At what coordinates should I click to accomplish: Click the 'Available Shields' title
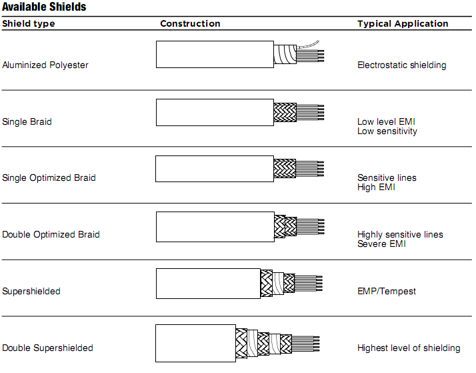44,7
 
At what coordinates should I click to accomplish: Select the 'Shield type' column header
29,24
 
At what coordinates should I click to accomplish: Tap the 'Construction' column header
190,24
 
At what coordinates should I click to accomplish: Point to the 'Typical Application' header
403,24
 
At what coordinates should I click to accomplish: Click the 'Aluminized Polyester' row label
45,65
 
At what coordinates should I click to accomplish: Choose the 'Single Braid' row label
27,122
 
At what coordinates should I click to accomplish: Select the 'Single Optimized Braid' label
49,177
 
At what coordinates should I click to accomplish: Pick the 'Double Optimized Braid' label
51,234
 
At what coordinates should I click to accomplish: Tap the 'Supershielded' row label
31,292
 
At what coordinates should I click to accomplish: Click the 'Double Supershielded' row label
47,348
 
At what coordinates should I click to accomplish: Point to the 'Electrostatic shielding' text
401,65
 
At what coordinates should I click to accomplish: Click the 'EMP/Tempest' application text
387,292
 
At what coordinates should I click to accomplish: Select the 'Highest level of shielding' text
409,348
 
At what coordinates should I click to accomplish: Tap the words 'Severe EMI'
381,244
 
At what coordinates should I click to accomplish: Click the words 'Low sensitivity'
387,131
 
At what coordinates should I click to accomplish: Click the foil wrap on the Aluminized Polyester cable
285,54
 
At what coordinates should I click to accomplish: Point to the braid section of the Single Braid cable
285,112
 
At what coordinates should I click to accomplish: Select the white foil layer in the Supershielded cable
278,284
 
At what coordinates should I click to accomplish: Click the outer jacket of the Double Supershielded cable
195,343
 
